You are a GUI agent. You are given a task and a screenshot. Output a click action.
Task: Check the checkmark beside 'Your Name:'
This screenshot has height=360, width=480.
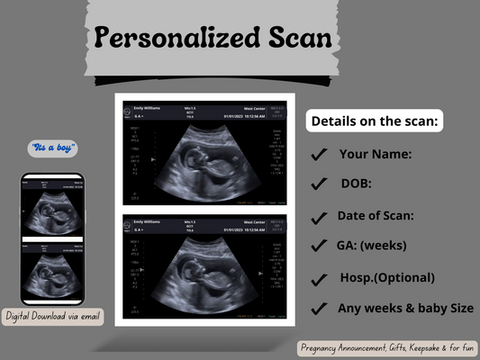(319, 155)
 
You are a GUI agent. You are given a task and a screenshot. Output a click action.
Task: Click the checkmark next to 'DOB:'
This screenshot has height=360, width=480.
(319, 184)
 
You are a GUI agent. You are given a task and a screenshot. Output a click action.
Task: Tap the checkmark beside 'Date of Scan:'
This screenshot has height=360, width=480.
(319, 216)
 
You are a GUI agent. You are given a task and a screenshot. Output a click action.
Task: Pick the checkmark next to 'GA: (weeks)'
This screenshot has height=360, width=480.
(319, 245)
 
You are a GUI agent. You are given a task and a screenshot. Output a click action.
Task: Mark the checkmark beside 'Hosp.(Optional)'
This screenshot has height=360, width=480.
(319, 279)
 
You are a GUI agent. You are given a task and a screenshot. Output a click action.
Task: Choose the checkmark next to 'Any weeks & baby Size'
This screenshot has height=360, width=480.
(319, 309)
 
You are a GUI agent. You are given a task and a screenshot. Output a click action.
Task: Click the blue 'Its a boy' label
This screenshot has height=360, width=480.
(53, 147)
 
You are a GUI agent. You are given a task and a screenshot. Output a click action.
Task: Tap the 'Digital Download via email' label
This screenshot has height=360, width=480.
(53, 316)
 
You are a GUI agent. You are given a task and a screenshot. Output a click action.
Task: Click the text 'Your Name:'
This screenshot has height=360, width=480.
(375, 154)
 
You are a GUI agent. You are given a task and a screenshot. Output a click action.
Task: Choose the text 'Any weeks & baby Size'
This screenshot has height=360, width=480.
(405, 308)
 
